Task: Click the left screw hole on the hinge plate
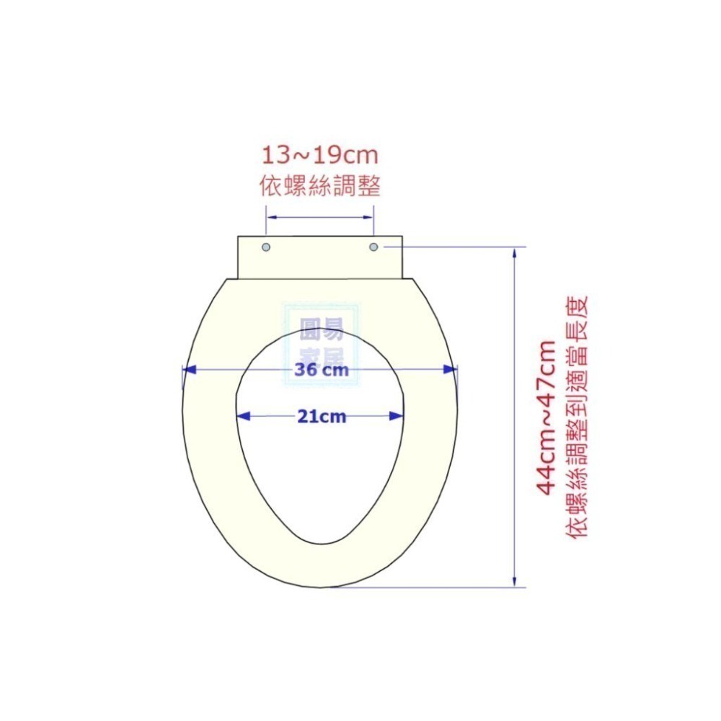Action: click(267, 247)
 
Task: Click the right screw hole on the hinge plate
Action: click(373, 247)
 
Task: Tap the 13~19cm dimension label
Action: click(319, 155)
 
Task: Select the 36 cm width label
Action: click(321, 371)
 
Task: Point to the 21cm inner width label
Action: click(322, 416)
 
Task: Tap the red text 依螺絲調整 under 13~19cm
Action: click(319, 187)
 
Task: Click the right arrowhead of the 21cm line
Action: click(396, 416)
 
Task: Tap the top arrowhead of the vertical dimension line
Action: click(514, 254)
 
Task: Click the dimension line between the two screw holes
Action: click(320, 216)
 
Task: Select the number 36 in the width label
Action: click(307, 371)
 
